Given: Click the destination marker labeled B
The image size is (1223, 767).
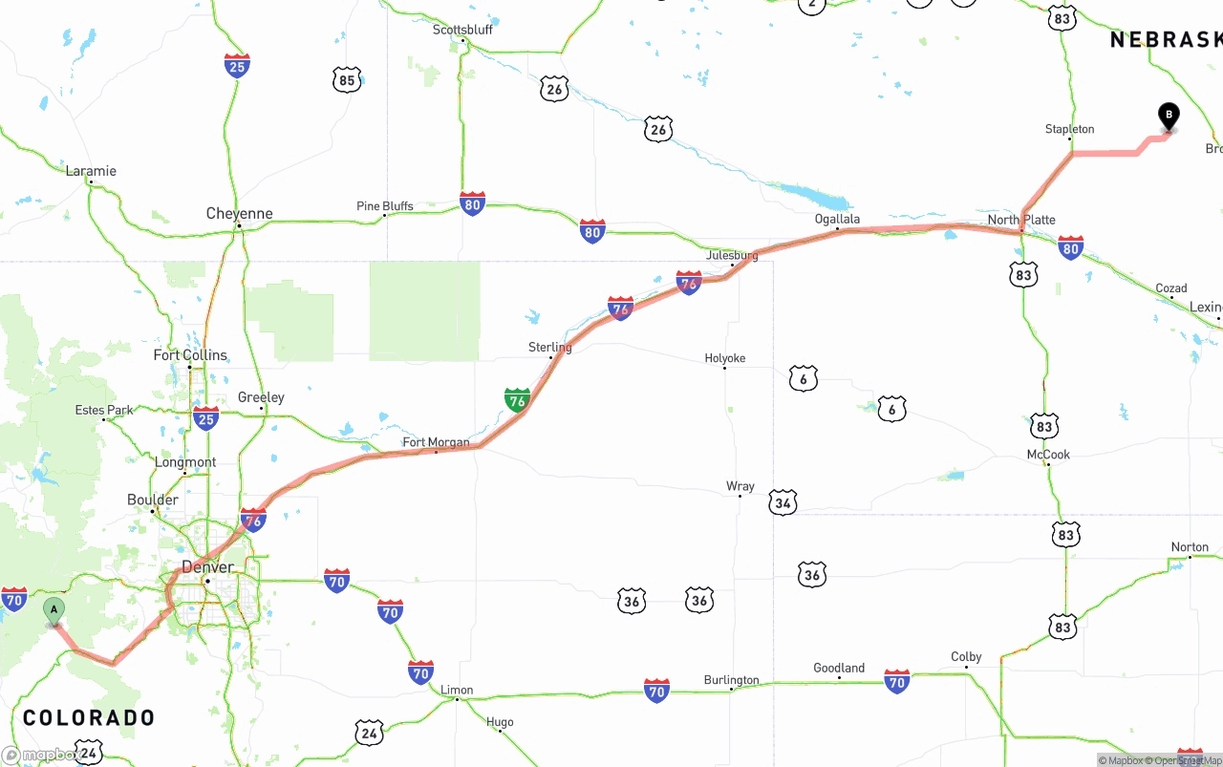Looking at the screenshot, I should tap(1168, 117).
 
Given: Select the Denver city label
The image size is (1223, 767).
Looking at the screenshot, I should tap(207, 566).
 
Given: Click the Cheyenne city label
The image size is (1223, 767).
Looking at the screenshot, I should tap(239, 214).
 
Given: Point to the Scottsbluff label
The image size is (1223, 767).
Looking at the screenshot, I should tap(462, 30).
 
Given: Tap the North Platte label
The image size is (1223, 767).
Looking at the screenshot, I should tap(1021, 220).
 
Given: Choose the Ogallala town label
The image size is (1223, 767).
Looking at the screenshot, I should tap(837, 219).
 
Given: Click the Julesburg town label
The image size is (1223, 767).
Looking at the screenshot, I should tap(732, 256).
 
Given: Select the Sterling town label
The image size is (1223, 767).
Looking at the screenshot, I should tap(549, 348).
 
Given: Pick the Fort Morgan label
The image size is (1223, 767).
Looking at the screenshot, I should tap(436, 442).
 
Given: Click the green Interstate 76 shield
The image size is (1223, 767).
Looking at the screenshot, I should tap(517, 399).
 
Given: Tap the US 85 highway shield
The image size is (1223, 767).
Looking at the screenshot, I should tap(347, 80).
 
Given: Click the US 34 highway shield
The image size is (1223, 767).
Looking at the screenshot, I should tap(783, 502).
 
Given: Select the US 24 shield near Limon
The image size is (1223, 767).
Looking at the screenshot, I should tap(370, 733).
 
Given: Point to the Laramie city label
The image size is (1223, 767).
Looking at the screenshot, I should tap(91, 171).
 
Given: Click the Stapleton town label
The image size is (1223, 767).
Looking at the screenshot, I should tap(1069, 129).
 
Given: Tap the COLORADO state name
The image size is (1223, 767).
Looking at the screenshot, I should tap(89, 717).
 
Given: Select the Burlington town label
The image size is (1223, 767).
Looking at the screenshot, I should tap(731, 680).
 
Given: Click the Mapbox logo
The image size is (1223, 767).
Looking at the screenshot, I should tap(40, 755).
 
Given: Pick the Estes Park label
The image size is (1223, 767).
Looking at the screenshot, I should tap(104, 410).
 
